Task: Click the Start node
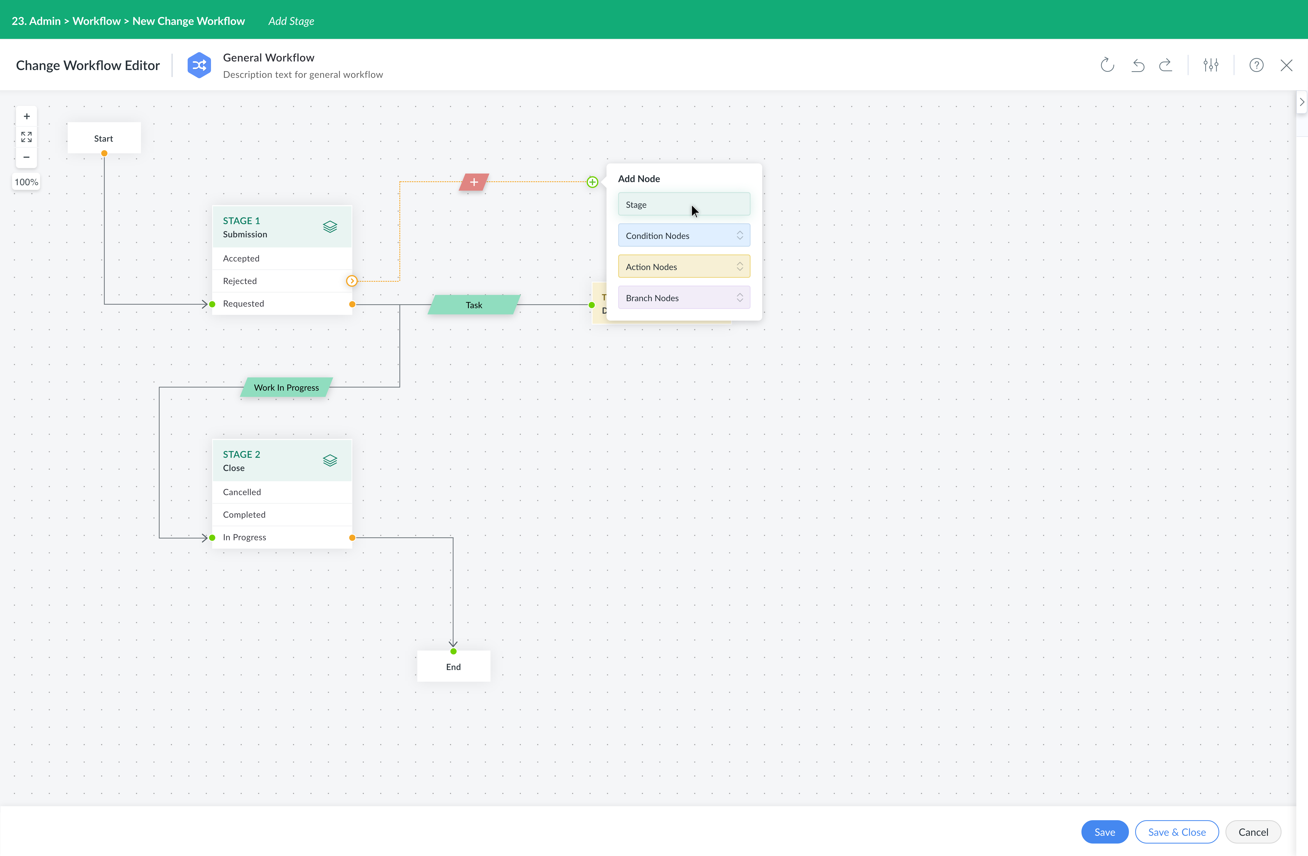(x=104, y=138)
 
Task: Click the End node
(x=453, y=667)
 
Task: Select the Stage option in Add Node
(x=684, y=204)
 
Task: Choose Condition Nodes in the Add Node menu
(x=684, y=235)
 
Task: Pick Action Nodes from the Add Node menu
(x=684, y=267)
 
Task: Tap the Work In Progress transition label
(x=286, y=387)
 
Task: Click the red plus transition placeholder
(x=474, y=182)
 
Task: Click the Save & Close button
(x=1177, y=832)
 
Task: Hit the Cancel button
(x=1253, y=832)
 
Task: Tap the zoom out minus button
(x=26, y=157)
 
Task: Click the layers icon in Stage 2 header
(x=330, y=460)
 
